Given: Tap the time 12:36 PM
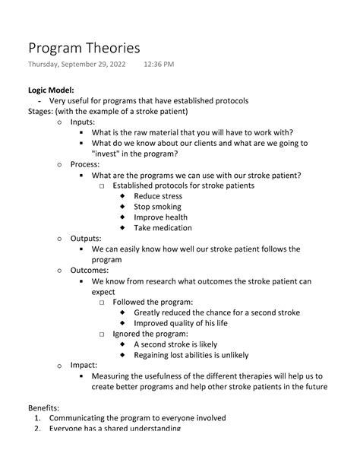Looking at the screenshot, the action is click(x=158, y=65).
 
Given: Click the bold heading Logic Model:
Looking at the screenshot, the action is click(x=51, y=90).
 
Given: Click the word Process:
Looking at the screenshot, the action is click(x=85, y=164).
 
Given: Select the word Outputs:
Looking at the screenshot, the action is click(x=87, y=238).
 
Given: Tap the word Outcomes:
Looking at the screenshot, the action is click(x=90, y=270).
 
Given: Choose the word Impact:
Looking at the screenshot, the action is click(x=84, y=365).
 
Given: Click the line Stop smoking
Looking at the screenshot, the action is click(x=158, y=207).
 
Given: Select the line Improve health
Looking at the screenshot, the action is click(x=161, y=217).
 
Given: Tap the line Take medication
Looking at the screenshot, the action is click(x=163, y=228).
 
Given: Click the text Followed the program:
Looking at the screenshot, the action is click(x=153, y=302).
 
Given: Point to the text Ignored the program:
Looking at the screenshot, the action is click(x=150, y=334).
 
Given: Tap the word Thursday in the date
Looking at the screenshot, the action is click(x=47, y=65).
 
